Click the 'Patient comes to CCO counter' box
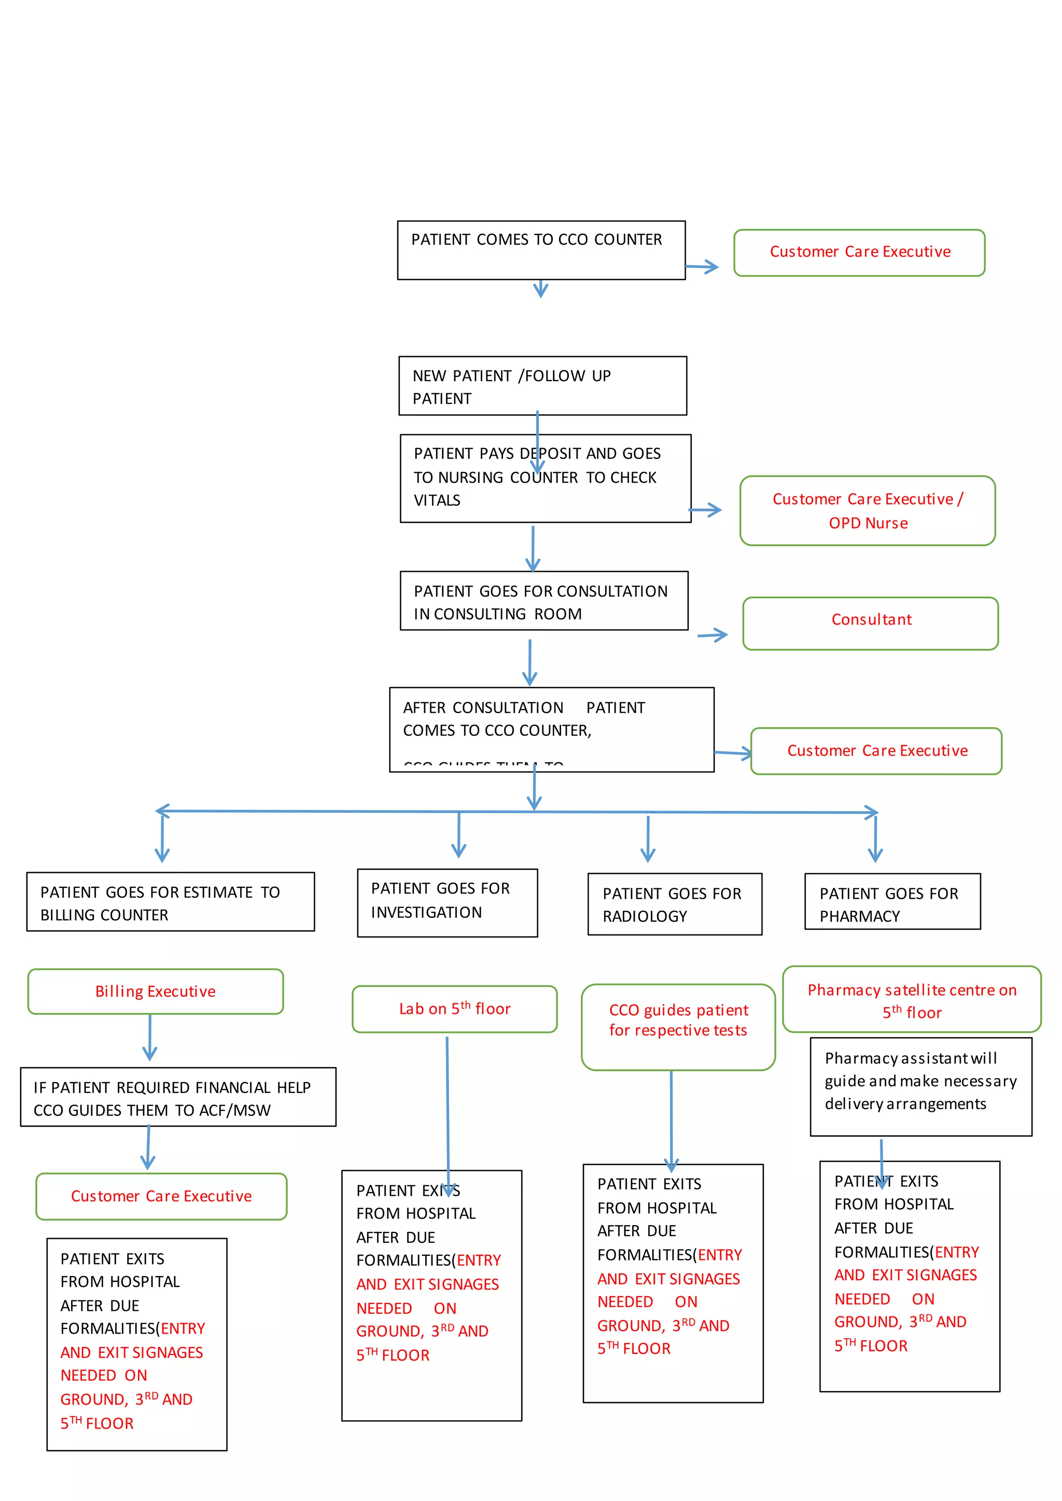click(541, 250)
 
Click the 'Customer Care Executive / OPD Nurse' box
click(867, 511)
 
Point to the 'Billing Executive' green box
click(155, 991)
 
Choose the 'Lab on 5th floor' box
click(454, 1009)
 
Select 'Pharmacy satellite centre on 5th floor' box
click(911, 1000)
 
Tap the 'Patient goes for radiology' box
click(674, 904)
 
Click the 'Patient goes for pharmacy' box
click(892, 901)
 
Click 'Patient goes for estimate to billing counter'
click(170, 901)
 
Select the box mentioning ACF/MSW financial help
click(178, 1097)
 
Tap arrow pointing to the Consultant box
click(713, 635)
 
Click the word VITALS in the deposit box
click(437, 501)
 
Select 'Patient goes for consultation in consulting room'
click(543, 601)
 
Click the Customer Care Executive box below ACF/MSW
click(161, 1196)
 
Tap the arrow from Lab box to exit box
click(448, 1111)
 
